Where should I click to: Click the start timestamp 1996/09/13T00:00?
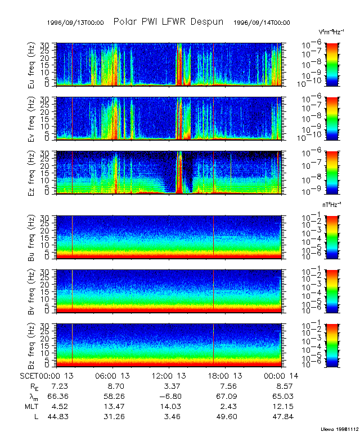click(76, 22)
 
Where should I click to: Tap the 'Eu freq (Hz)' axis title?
click(31, 65)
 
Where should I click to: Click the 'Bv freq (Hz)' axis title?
click(31, 291)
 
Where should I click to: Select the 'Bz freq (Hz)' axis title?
click(31, 345)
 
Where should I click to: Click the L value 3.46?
click(170, 417)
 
